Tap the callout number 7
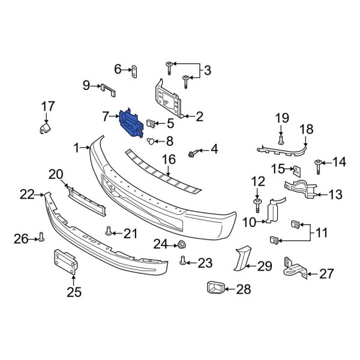pos(106,115)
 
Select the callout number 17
pos(47,107)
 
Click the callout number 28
pos(243,290)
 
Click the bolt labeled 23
pos(184,261)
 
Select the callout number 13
pos(334,194)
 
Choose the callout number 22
pos(26,194)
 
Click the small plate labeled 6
pos(134,70)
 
